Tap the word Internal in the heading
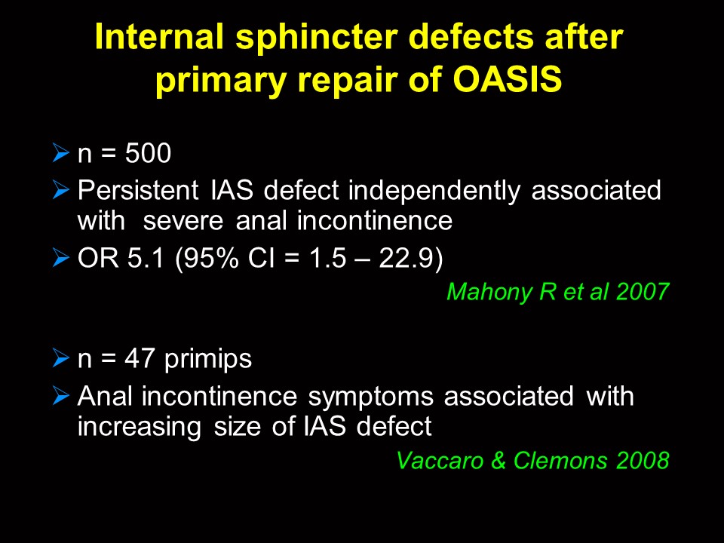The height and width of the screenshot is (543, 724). click(159, 36)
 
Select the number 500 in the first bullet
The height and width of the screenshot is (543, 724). click(148, 153)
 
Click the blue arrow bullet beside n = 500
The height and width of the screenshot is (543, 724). click(61, 152)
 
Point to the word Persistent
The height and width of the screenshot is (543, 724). click(138, 190)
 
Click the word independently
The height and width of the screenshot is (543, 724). click(434, 191)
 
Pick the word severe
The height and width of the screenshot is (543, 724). click(183, 221)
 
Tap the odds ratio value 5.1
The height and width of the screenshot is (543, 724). click(146, 258)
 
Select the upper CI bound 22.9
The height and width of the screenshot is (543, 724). click(406, 258)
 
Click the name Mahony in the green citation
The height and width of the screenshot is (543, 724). click(489, 293)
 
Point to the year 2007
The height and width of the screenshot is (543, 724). click(643, 292)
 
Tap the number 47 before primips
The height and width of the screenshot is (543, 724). click(139, 358)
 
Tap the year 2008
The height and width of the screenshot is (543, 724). click(643, 460)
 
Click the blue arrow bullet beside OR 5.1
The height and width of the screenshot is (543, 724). click(61, 257)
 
